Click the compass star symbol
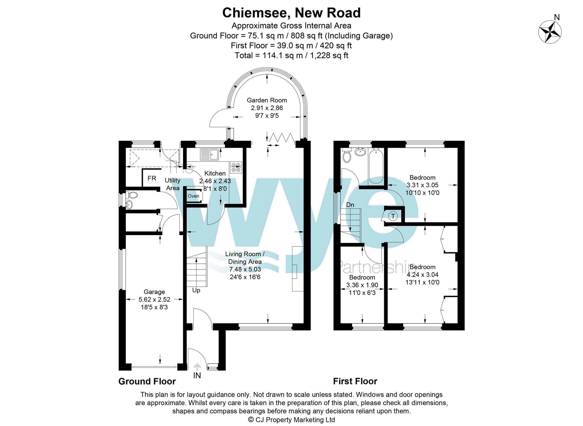pos(550,32)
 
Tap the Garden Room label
pos(267,100)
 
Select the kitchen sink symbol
pos(209,154)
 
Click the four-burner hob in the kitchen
pos(236,168)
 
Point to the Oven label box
pos(194,196)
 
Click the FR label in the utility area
pos(152,178)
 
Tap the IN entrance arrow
pos(197,367)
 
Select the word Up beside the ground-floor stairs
pos(196,291)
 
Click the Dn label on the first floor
pos(350,205)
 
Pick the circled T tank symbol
pos(393,216)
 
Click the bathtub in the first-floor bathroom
pos(376,166)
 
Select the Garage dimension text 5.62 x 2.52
pos(154,300)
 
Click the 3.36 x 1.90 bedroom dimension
pos(362,285)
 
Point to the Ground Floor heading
pos(147,381)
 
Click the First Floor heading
pos(355,381)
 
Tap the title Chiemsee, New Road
pos(291,13)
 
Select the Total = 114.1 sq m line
pos(291,55)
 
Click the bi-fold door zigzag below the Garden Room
pos(281,137)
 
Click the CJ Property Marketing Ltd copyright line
pos(291,420)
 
